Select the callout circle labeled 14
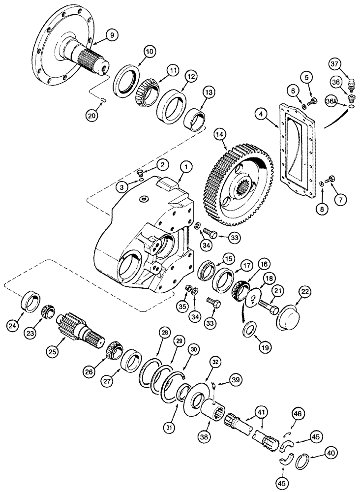(220, 134)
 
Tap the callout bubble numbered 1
(185, 168)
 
